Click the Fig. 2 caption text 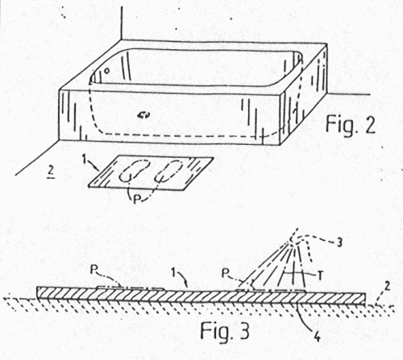point(351,124)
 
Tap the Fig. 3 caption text point(225,330)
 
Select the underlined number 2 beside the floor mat point(51,172)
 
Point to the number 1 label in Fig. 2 point(85,160)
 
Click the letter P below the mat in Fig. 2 point(137,199)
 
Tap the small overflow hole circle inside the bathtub point(106,71)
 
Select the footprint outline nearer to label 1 point(135,171)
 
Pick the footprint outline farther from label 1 point(168,171)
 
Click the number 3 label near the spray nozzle point(339,242)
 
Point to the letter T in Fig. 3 point(320,276)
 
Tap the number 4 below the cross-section point(318,337)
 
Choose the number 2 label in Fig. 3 point(387,287)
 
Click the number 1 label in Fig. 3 point(174,273)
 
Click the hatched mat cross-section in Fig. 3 point(201,296)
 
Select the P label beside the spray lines point(225,274)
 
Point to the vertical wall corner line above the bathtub point(122,23)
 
